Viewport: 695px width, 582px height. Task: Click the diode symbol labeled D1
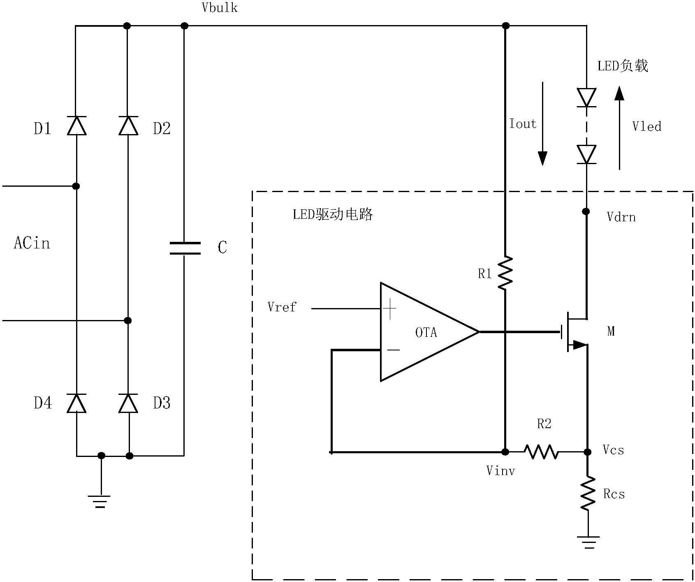(x=76, y=125)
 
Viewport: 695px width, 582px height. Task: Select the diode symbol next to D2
(x=128, y=125)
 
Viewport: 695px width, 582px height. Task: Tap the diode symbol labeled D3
(x=128, y=403)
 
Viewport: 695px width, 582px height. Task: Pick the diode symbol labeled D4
(x=76, y=403)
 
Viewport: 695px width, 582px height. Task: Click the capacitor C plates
(x=185, y=248)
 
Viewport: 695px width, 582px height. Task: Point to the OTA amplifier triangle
(x=424, y=332)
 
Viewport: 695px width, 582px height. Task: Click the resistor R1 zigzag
(x=505, y=273)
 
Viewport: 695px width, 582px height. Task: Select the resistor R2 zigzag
(x=541, y=452)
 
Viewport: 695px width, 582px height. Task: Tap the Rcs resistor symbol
(x=588, y=493)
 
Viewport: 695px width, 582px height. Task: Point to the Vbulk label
(x=220, y=8)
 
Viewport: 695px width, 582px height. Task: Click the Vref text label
(x=282, y=307)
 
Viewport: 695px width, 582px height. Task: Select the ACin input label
(x=32, y=243)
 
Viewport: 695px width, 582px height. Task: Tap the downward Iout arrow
(x=542, y=123)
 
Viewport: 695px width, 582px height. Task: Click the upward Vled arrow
(x=619, y=128)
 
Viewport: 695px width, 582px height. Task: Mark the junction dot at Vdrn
(x=586, y=211)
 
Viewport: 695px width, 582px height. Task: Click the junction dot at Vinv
(x=505, y=452)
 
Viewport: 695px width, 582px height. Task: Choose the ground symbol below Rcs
(x=588, y=542)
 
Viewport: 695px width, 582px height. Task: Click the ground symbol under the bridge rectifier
(x=99, y=501)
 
